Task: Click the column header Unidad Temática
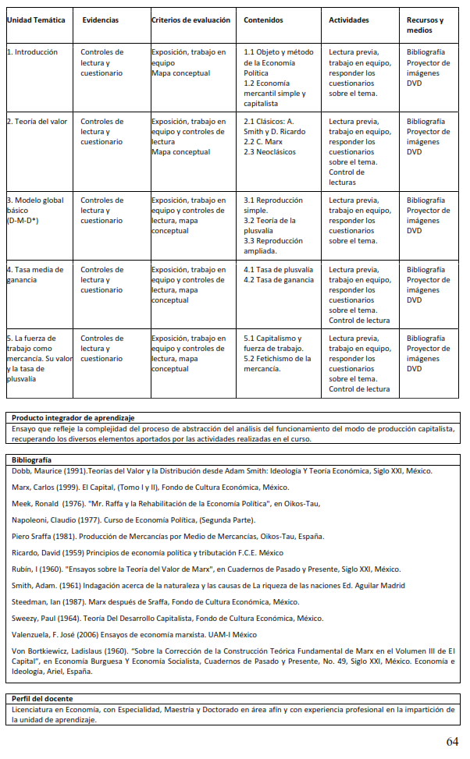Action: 36,20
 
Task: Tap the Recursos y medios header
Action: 425,25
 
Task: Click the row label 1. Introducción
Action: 32,52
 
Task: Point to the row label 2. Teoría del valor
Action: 37,122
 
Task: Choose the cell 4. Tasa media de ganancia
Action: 35,275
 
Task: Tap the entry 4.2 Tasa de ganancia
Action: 279,280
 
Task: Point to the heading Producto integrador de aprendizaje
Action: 73,418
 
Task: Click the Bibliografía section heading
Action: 32,460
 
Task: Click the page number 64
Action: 453,740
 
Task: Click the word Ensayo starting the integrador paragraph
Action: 25,428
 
